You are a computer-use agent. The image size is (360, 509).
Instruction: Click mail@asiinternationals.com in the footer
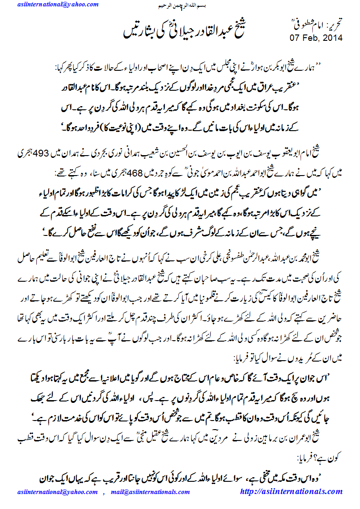[149, 492]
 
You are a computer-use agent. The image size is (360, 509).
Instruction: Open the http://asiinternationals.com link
[291, 491]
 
